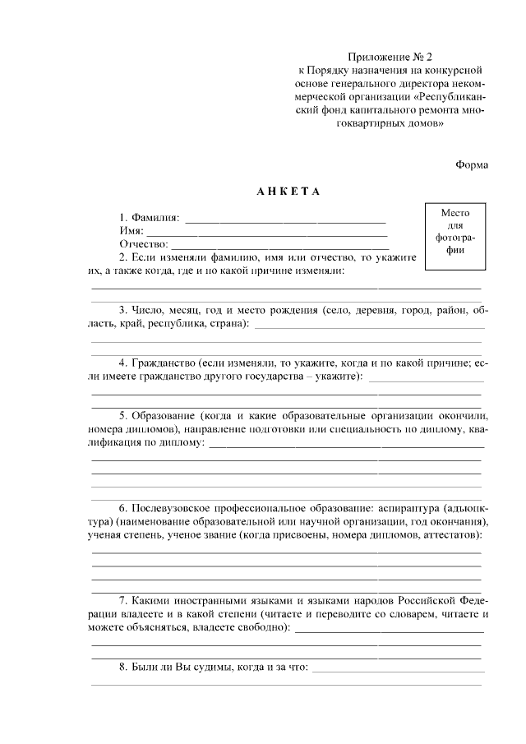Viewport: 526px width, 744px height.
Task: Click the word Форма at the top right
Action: [x=472, y=164]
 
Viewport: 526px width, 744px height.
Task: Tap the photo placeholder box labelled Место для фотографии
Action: [x=455, y=232]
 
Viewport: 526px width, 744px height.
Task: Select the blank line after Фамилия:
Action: [x=285, y=219]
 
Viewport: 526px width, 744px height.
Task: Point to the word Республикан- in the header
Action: [x=453, y=96]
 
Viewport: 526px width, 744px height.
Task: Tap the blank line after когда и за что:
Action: [x=397, y=668]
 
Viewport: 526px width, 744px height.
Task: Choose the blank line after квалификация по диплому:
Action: [x=346, y=443]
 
